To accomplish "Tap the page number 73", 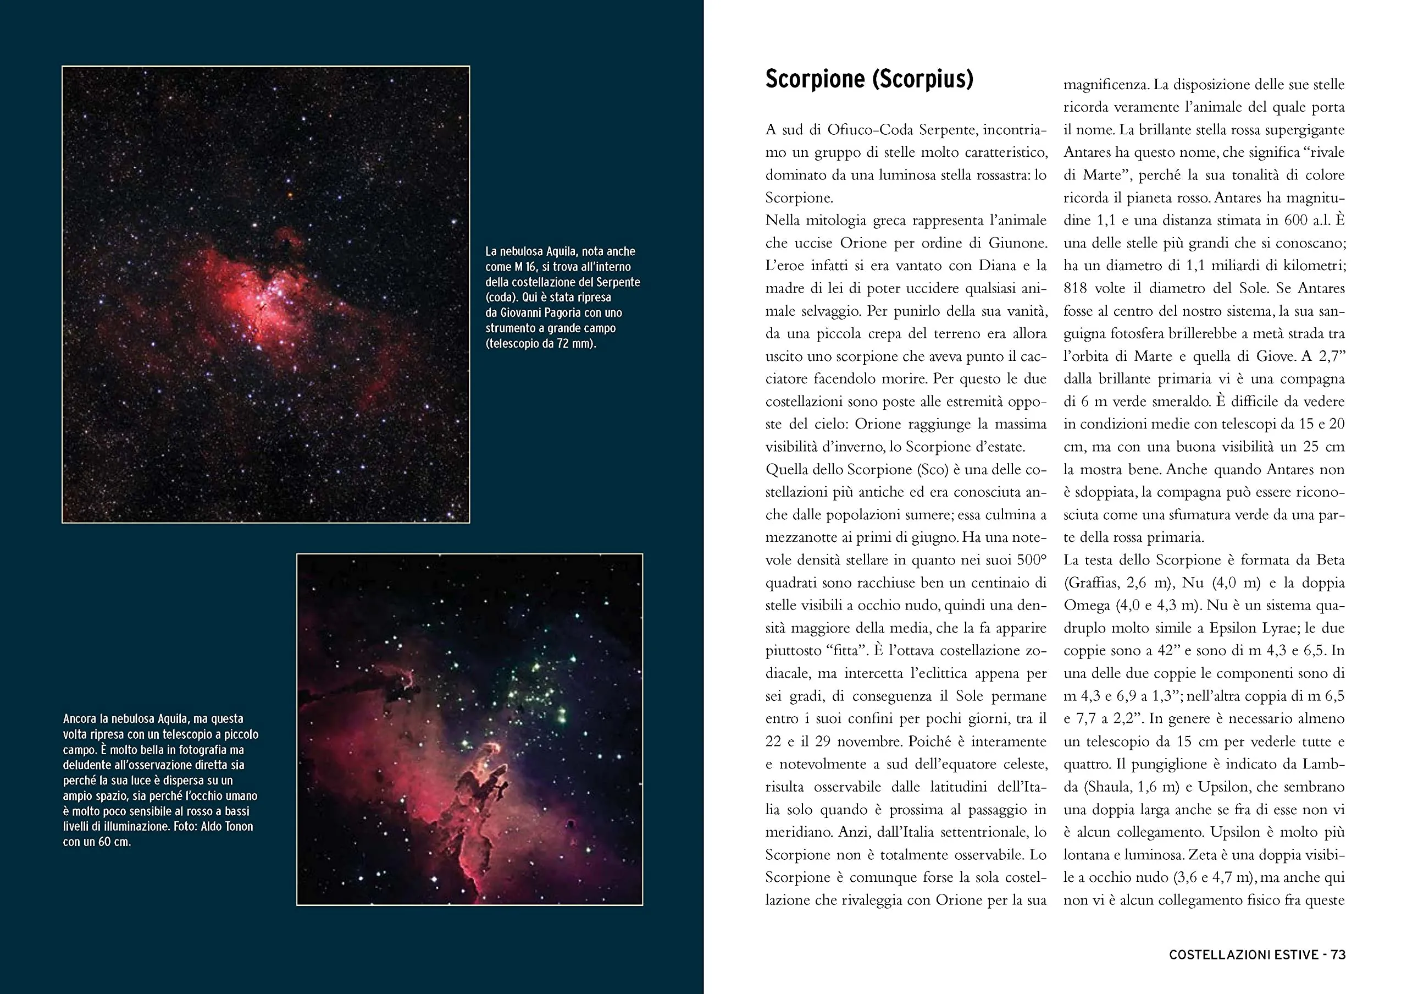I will click(x=1338, y=955).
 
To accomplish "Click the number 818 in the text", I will click(x=1076, y=288).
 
